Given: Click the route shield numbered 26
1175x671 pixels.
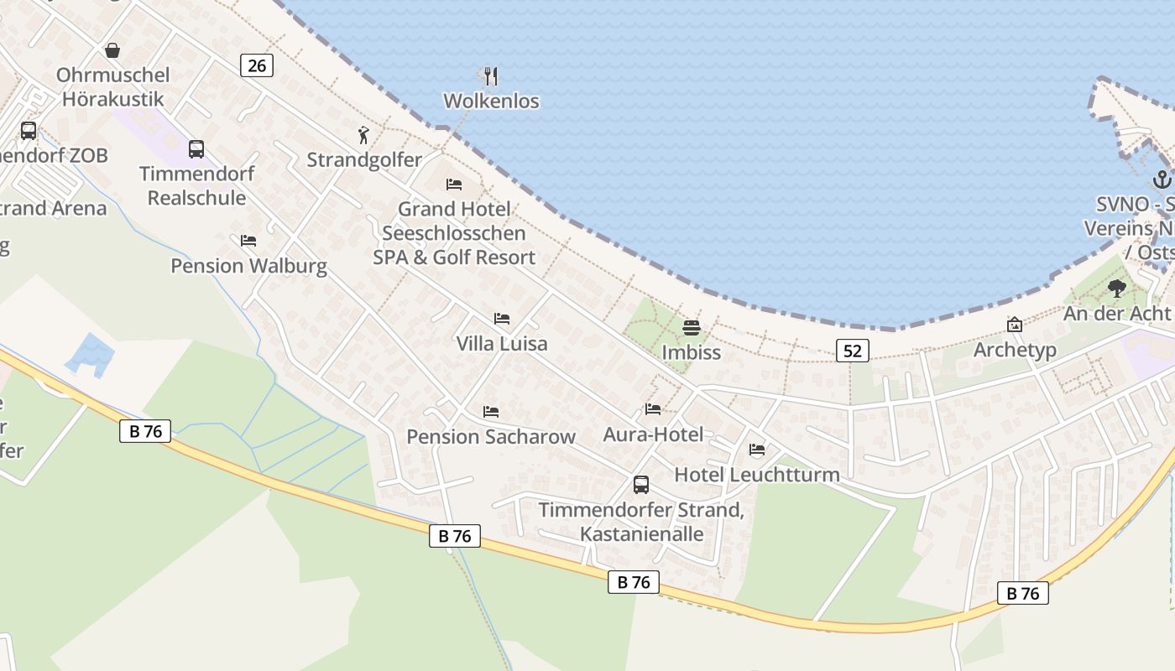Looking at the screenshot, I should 257,65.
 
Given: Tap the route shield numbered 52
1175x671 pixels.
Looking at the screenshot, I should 852,351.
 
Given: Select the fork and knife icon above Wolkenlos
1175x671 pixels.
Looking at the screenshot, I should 491,76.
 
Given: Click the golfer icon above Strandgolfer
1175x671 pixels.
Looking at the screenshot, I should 363,135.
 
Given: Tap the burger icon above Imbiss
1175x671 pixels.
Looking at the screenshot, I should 691,327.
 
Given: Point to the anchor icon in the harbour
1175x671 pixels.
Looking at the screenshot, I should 1162,179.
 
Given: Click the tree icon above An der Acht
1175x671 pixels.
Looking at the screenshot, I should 1116,289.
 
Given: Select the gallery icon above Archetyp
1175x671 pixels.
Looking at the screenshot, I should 1014,325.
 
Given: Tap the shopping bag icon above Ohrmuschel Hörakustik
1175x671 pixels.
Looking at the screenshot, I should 112,50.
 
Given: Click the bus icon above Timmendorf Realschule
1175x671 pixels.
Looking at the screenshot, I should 196,149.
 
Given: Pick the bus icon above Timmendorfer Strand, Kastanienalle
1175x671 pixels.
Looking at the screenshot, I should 641,485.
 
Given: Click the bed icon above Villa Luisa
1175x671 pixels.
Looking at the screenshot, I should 502,319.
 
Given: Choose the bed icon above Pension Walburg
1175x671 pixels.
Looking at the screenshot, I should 248,241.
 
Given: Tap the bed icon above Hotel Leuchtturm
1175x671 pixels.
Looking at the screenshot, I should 757,450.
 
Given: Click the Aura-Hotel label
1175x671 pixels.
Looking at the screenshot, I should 653,434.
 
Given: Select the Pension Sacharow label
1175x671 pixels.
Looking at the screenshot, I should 491,437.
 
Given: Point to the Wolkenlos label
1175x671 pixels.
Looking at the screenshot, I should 491,101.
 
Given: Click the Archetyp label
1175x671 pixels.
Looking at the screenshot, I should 1014,350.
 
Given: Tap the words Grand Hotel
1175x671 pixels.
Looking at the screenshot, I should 454,209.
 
